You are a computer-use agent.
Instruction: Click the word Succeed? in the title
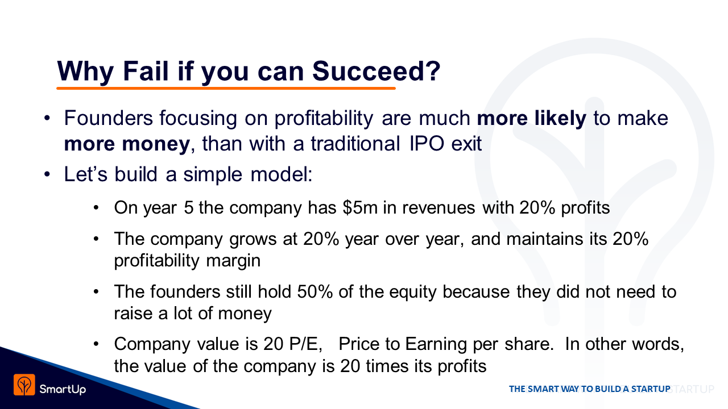pyautogui.click(x=376, y=72)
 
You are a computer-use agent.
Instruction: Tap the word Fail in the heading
pyautogui.click(x=145, y=71)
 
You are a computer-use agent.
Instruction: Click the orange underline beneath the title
pyautogui.click(x=226, y=88)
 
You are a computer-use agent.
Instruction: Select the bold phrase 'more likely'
pyautogui.click(x=532, y=118)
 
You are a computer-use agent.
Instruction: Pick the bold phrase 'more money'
pyautogui.click(x=127, y=144)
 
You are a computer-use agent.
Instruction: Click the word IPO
pyautogui.click(x=427, y=143)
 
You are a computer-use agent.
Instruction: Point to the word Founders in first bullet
pyautogui.click(x=108, y=118)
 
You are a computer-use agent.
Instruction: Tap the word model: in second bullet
pyautogui.click(x=282, y=174)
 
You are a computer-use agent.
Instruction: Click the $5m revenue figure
pyautogui.click(x=360, y=208)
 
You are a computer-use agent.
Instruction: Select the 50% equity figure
pyautogui.click(x=315, y=291)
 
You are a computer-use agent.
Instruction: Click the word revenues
pyautogui.click(x=439, y=208)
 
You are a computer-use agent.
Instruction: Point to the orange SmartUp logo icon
pyautogui.click(x=24, y=385)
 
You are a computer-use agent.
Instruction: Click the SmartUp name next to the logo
pyautogui.click(x=63, y=389)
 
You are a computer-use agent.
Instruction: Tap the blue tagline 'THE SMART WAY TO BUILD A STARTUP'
pyautogui.click(x=590, y=389)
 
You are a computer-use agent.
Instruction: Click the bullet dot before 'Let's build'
pyautogui.click(x=47, y=174)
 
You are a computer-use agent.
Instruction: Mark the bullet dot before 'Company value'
pyautogui.click(x=96, y=344)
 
